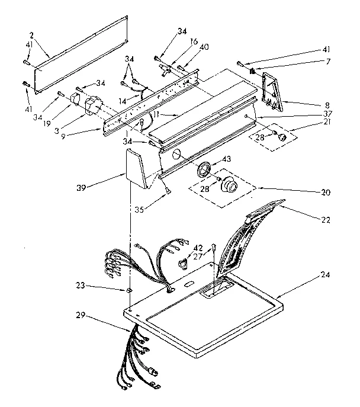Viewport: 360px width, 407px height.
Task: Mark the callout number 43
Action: pyautogui.click(x=227, y=161)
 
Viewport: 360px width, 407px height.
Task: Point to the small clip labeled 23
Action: pyautogui.click(x=128, y=290)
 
